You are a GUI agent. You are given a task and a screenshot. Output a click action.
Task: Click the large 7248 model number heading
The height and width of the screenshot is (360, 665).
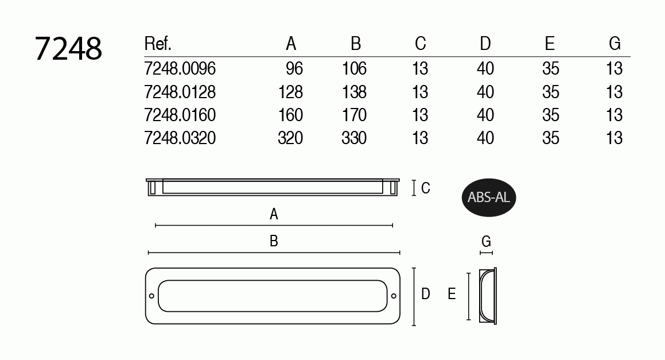pos(68,48)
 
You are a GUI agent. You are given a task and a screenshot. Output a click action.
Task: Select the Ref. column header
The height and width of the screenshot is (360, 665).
pos(158,44)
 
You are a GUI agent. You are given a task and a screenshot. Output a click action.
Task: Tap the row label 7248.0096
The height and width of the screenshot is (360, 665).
pos(180,69)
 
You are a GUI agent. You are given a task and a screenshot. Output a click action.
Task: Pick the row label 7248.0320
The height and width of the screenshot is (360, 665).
pos(180,138)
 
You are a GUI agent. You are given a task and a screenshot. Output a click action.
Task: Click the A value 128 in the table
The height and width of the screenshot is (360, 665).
pos(290,92)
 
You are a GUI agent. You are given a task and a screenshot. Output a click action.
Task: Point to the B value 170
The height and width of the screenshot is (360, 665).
pos(354,115)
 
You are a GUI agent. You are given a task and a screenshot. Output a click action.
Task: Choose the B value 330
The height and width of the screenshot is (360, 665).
pos(354,138)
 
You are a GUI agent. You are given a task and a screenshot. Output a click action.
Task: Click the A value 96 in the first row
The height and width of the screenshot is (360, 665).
pos(294,69)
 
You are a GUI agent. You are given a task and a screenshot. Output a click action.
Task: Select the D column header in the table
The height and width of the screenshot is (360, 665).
pos(485,44)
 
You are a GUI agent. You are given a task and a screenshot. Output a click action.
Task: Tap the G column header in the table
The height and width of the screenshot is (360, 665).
pos(615,44)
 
